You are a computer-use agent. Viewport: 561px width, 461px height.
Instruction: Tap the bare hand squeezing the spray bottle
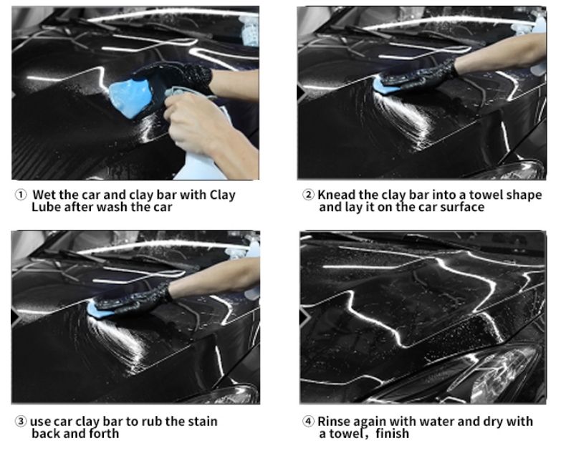pyautogui.click(x=201, y=122)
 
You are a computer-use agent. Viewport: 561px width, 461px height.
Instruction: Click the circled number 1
pyautogui.click(x=21, y=195)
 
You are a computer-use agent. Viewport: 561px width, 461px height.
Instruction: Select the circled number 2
pyautogui.click(x=308, y=195)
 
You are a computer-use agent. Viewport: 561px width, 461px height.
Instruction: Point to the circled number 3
pyautogui.click(x=21, y=422)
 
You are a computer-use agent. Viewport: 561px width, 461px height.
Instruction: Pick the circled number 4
pyautogui.click(x=308, y=422)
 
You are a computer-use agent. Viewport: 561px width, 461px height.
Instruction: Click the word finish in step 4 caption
pyautogui.click(x=393, y=434)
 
